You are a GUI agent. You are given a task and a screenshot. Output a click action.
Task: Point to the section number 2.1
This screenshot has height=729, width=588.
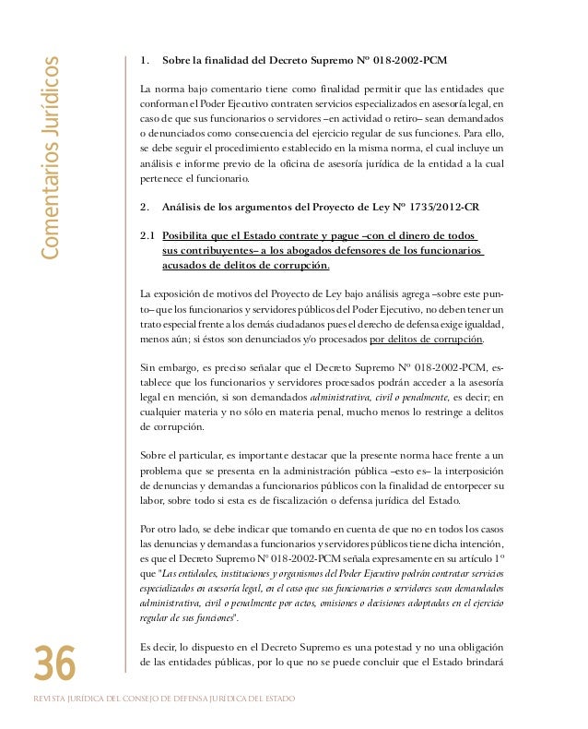pos(145,234)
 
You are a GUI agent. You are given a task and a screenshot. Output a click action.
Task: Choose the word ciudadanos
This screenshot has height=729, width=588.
pos(330,324)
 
